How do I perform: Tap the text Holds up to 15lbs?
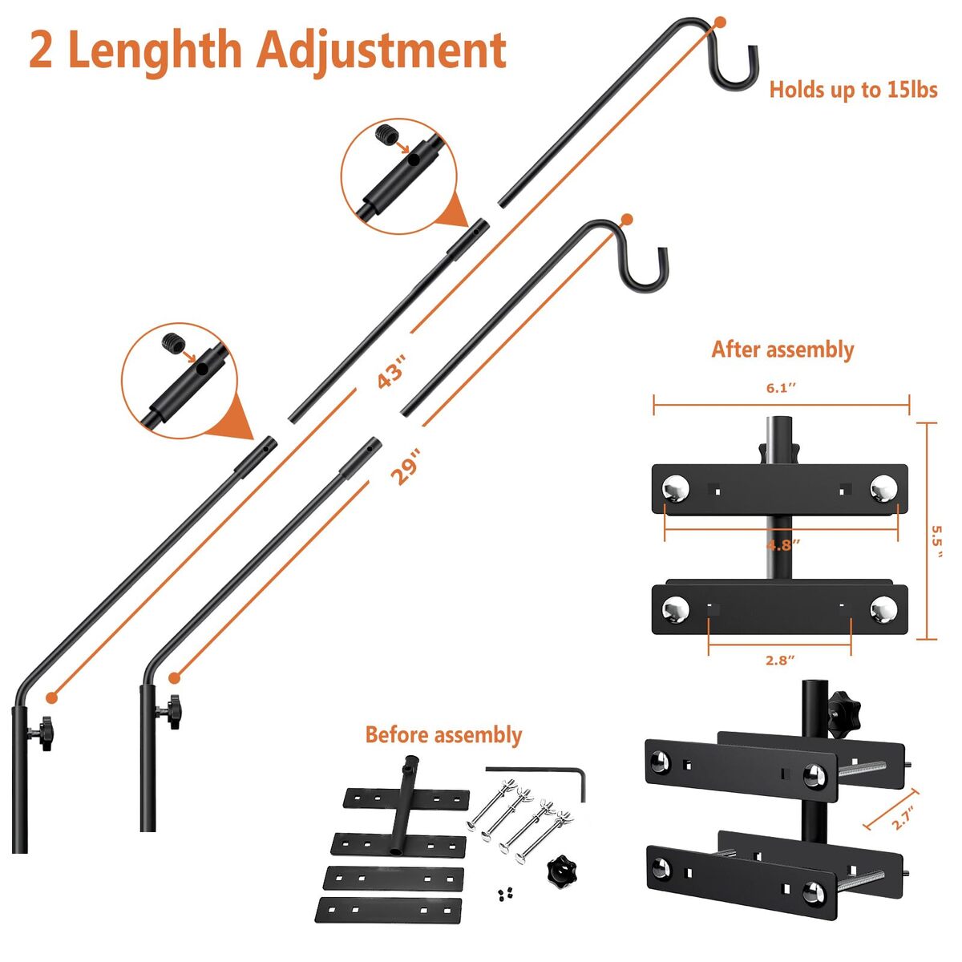pyautogui.click(x=853, y=90)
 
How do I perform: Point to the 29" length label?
pyautogui.click(x=406, y=467)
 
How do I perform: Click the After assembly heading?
pyautogui.click(x=782, y=350)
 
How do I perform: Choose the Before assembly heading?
pyautogui.click(x=443, y=735)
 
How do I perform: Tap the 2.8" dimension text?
pyautogui.click(x=780, y=661)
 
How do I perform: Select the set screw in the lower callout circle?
pyautogui.click(x=174, y=343)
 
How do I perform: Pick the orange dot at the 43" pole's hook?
pyautogui.click(x=720, y=22)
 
